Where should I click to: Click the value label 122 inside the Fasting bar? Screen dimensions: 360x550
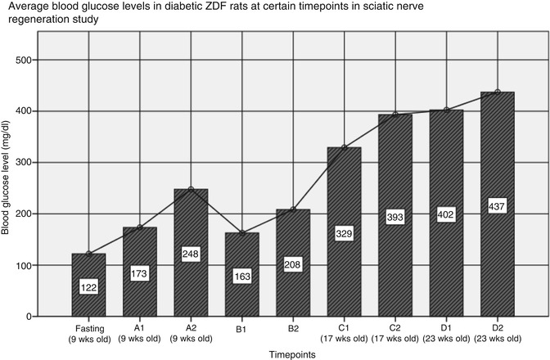(x=89, y=287)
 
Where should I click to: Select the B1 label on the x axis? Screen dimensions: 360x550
(x=241, y=326)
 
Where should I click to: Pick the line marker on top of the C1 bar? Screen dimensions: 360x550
(x=345, y=147)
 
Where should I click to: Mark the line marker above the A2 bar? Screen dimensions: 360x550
(x=191, y=189)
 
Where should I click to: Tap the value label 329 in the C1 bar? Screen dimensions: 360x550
(x=344, y=233)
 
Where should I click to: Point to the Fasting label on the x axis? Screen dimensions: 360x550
(x=89, y=326)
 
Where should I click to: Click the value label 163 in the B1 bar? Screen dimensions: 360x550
(x=242, y=276)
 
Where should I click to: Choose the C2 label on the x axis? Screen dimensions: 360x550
(x=395, y=326)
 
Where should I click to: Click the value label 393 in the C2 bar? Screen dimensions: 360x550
(x=394, y=217)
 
